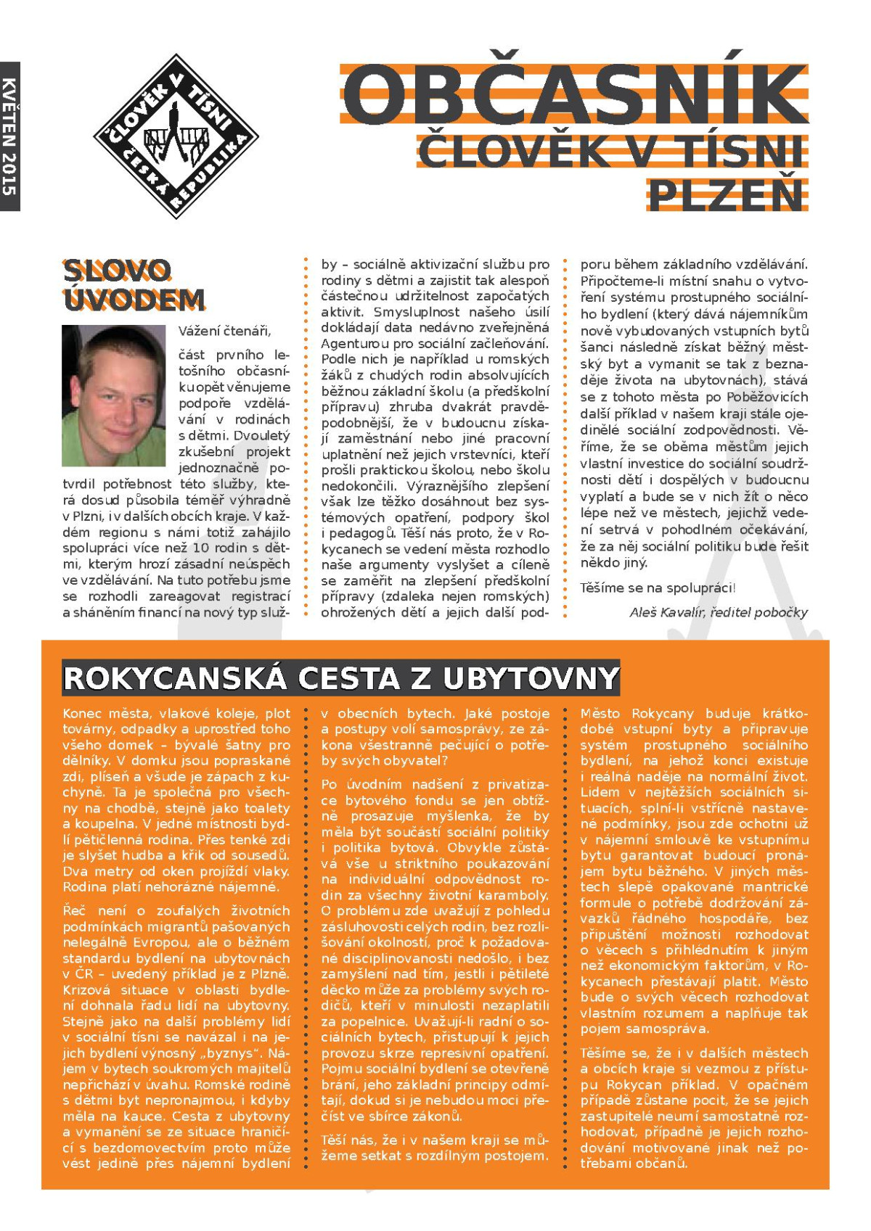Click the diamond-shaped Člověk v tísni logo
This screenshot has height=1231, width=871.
(176, 136)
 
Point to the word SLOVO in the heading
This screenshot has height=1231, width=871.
(117, 271)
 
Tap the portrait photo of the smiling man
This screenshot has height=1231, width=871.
(113, 395)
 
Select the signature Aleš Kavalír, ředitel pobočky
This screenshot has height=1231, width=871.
(718, 612)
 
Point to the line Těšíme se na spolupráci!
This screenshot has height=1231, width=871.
(658, 588)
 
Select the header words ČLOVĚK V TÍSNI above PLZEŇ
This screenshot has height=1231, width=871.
(611, 151)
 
